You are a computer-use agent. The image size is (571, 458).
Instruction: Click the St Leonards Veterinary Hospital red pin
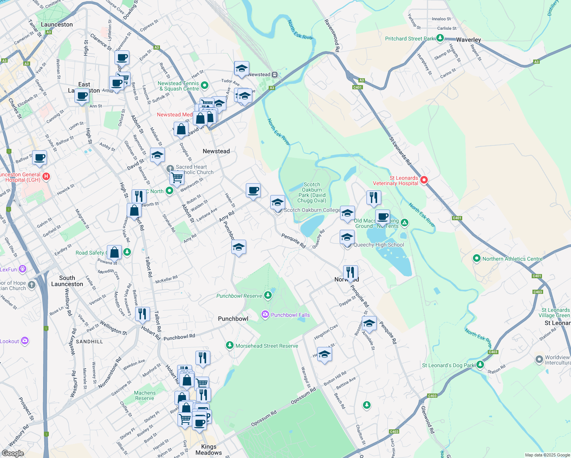click(424, 180)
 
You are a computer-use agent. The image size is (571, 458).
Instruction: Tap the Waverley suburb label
click(468, 40)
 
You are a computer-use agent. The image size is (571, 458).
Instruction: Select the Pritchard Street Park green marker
click(440, 38)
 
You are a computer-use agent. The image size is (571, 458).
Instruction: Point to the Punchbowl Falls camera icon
click(265, 314)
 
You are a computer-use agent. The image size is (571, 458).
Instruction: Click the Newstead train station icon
click(274, 74)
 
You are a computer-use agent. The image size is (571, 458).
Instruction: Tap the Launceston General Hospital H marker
click(46, 176)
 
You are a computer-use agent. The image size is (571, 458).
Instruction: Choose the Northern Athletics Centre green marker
click(476, 258)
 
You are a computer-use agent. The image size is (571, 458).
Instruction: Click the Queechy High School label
click(379, 245)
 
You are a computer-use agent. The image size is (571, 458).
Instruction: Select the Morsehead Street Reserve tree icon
click(229, 345)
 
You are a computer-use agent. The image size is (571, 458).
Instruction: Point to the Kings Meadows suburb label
click(209, 449)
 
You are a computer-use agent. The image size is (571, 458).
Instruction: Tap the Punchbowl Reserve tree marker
click(268, 295)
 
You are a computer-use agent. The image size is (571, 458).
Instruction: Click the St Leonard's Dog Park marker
click(480, 365)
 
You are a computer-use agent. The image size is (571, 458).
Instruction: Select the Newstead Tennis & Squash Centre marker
click(205, 85)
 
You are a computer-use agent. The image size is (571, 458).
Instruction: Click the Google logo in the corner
click(13, 453)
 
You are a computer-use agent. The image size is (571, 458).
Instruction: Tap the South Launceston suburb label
click(67, 281)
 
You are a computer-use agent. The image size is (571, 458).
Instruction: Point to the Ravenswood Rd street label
click(332, 35)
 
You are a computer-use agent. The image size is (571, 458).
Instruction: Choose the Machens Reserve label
click(145, 395)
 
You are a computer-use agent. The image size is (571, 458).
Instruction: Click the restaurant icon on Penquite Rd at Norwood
click(350, 273)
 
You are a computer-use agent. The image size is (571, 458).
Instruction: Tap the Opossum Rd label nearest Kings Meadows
click(264, 418)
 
